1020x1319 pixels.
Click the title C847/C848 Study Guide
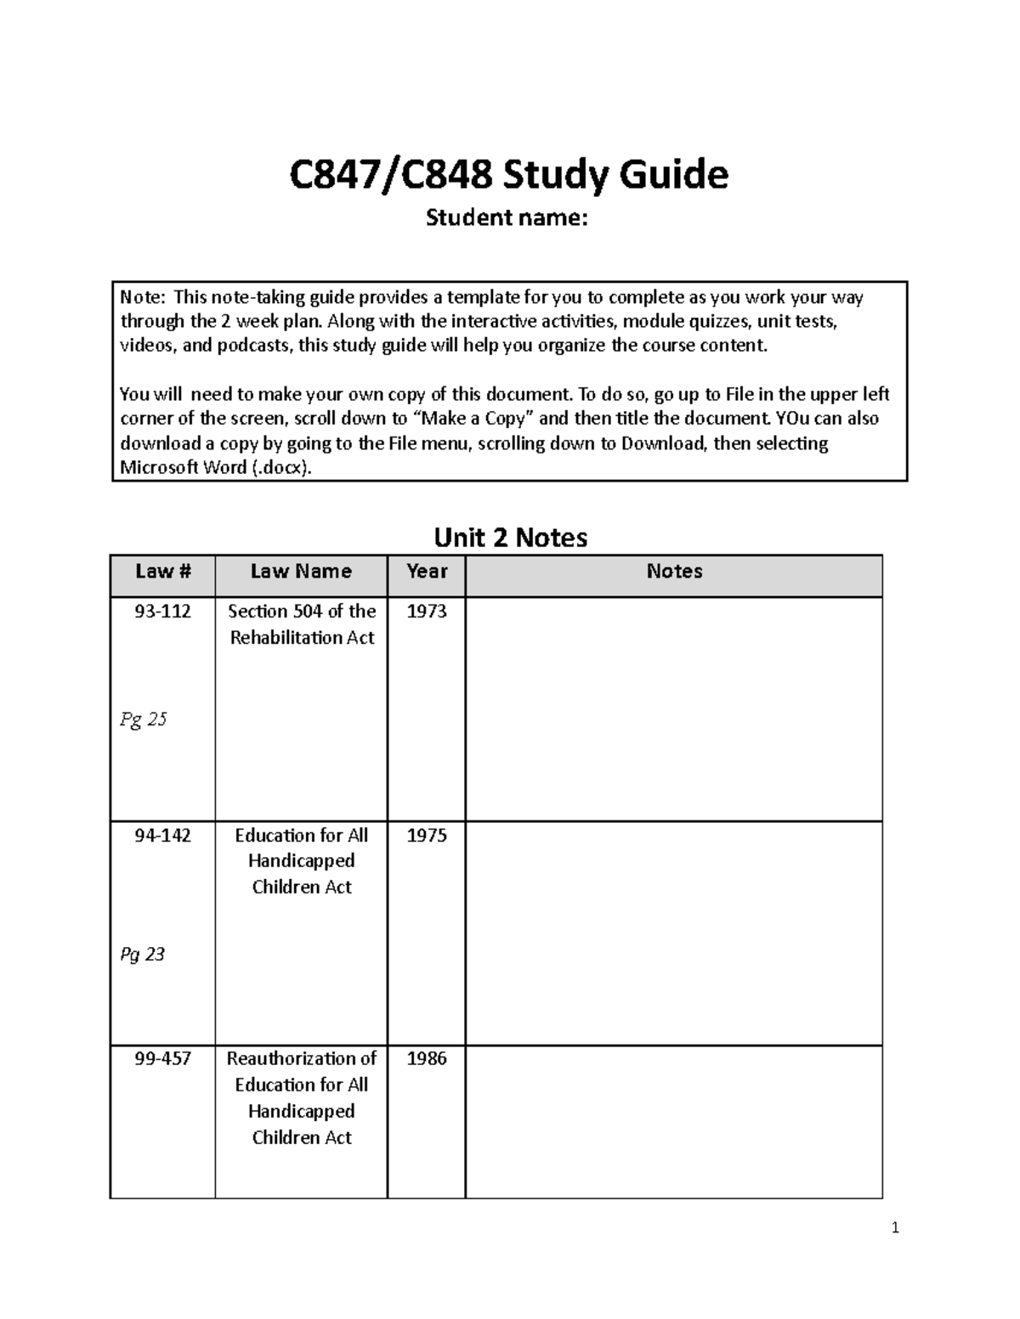(x=508, y=176)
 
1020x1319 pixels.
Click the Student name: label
(x=507, y=218)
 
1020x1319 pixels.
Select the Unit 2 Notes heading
(x=510, y=538)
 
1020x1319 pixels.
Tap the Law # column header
(x=162, y=572)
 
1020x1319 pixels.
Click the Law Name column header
(x=301, y=572)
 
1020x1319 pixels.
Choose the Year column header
(x=427, y=572)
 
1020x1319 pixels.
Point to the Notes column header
(x=674, y=572)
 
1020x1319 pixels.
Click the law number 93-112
(x=162, y=612)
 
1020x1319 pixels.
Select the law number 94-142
(x=162, y=836)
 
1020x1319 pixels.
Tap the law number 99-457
(x=162, y=1059)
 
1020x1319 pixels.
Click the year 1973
(x=427, y=612)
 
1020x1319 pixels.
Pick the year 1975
(x=427, y=836)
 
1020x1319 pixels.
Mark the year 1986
(x=427, y=1059)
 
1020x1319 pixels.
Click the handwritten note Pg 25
(x=143, y=720)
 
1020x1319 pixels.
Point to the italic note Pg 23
(x=142, y=955)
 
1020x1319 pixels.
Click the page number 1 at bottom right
(x=895, y=1227)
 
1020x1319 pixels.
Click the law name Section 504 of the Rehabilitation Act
(x=302, y=624)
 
